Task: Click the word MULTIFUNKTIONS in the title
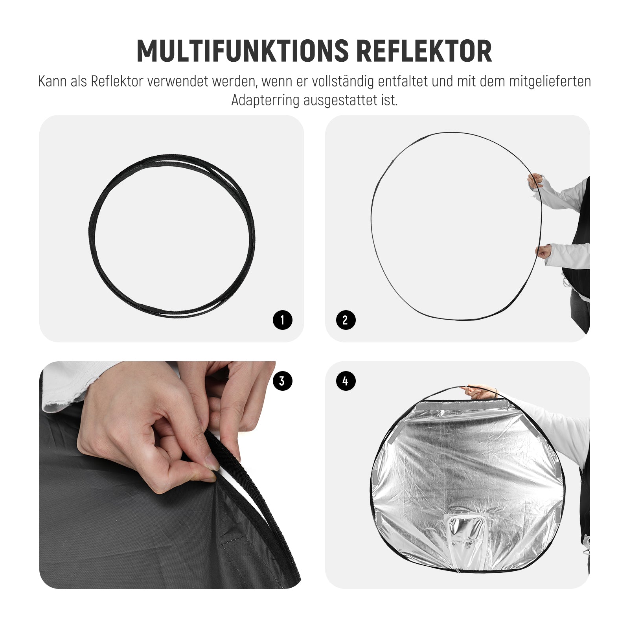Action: [x=243, y=51]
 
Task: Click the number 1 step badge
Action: [x=283, y=320]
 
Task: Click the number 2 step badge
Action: [x=346, y=320]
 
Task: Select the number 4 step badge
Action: [x=346, y=381]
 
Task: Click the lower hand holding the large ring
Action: [x=543, y=251]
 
